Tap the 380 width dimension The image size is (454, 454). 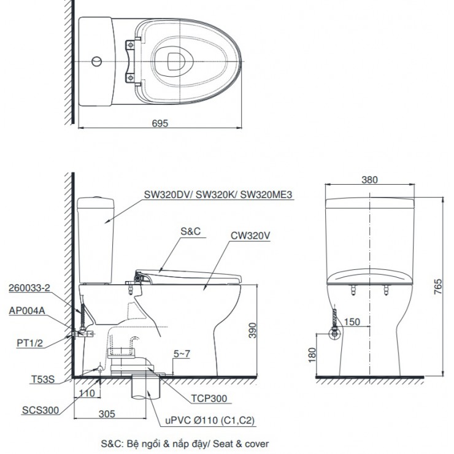coord(369,180)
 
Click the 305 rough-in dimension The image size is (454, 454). coord(107,414)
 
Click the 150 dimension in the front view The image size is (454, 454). coord(352,322)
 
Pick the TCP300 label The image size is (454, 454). coord(208,398)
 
